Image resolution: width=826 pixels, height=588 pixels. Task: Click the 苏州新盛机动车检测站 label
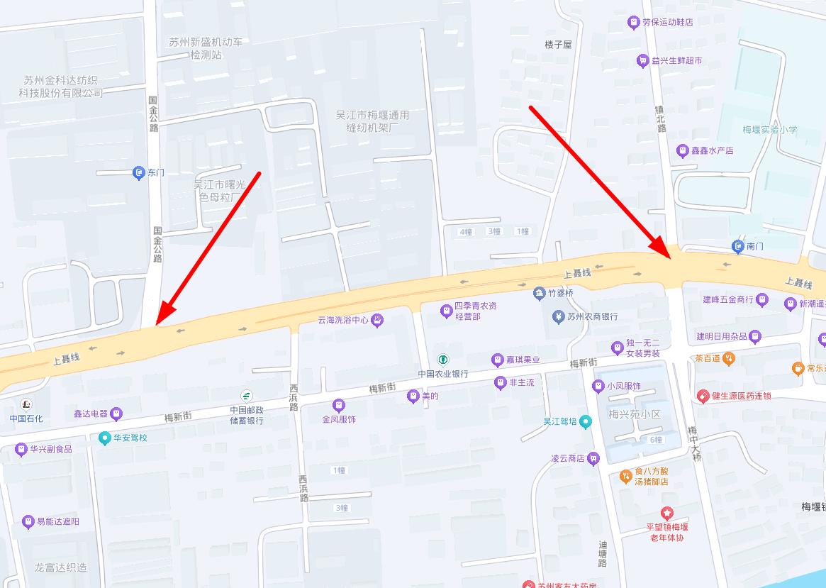206,48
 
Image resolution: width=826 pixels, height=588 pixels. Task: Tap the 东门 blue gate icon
139,172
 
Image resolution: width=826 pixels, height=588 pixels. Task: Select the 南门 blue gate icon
737,246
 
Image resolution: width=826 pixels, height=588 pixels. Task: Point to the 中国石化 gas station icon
26,405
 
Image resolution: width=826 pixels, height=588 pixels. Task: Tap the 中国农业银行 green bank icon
443,360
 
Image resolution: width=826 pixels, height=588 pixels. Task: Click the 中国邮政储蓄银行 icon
247,396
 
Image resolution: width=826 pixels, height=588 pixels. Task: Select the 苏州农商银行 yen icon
558,316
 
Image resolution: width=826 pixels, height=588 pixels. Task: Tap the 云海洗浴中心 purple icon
378,320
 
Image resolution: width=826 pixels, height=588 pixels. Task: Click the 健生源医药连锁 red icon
703,396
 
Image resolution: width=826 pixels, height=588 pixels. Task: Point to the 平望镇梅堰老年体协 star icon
666,513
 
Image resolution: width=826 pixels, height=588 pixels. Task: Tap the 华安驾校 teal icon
105,438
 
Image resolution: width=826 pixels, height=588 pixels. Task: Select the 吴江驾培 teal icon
585,421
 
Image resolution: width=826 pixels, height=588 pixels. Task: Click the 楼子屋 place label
558,44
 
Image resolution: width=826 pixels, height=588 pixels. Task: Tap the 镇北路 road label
662,118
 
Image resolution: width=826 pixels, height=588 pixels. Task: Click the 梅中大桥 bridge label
694,445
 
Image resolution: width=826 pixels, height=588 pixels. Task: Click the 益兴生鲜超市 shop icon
643,61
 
